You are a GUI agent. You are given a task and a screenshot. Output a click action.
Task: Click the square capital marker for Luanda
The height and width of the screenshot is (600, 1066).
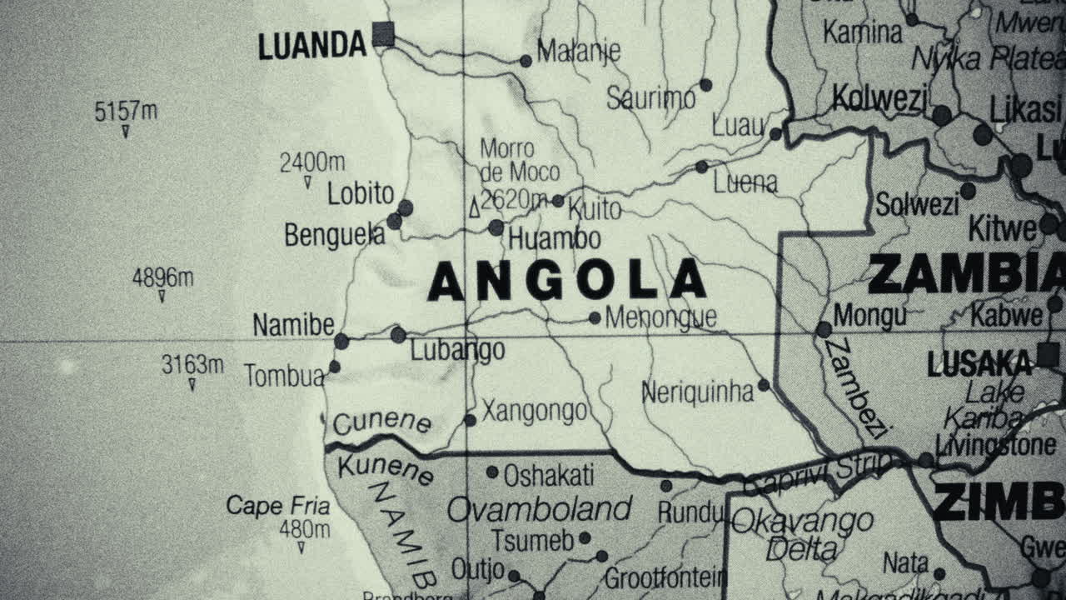click(x=383, y=34)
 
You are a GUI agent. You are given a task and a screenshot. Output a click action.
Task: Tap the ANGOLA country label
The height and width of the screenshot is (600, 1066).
click(x=566, y=281)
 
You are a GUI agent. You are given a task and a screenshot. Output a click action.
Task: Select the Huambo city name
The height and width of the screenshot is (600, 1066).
click(x=554, y=239)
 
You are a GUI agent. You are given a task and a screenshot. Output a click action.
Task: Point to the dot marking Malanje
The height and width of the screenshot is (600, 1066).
click(x=526, y=61)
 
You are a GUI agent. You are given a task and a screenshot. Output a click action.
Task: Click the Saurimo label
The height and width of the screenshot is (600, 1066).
click(x=650, y=99)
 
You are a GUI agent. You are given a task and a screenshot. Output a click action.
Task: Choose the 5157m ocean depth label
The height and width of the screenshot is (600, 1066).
click(x=126, y=111)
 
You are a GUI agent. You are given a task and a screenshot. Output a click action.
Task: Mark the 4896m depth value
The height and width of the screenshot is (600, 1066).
click(x=162, y=277)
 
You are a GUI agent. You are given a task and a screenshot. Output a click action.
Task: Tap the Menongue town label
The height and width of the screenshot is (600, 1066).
click(x=660, y=317)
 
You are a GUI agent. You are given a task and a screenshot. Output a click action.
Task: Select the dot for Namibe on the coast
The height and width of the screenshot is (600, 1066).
click(x=341, y=341)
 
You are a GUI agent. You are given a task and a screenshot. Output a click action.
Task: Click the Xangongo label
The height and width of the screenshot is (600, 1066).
click(x=534, y=412)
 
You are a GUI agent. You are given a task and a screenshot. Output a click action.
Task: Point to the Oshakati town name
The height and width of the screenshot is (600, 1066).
click(x=548, y=476)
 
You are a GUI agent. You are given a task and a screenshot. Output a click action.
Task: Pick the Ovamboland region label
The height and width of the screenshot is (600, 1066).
click(x=540, y=508)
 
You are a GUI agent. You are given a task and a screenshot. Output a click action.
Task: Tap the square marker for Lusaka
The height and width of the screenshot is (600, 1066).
click(x=1048, y=356)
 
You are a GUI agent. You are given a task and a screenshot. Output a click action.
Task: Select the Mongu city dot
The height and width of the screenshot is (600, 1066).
click(x=824, y=330)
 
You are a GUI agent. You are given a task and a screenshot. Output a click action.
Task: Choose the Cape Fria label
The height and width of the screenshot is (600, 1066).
click(x=278, y=506)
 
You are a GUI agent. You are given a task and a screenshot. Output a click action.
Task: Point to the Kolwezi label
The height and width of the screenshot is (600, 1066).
click(x=879, y=99)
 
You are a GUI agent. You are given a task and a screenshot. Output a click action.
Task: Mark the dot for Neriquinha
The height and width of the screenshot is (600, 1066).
click(x=764, y=385)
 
